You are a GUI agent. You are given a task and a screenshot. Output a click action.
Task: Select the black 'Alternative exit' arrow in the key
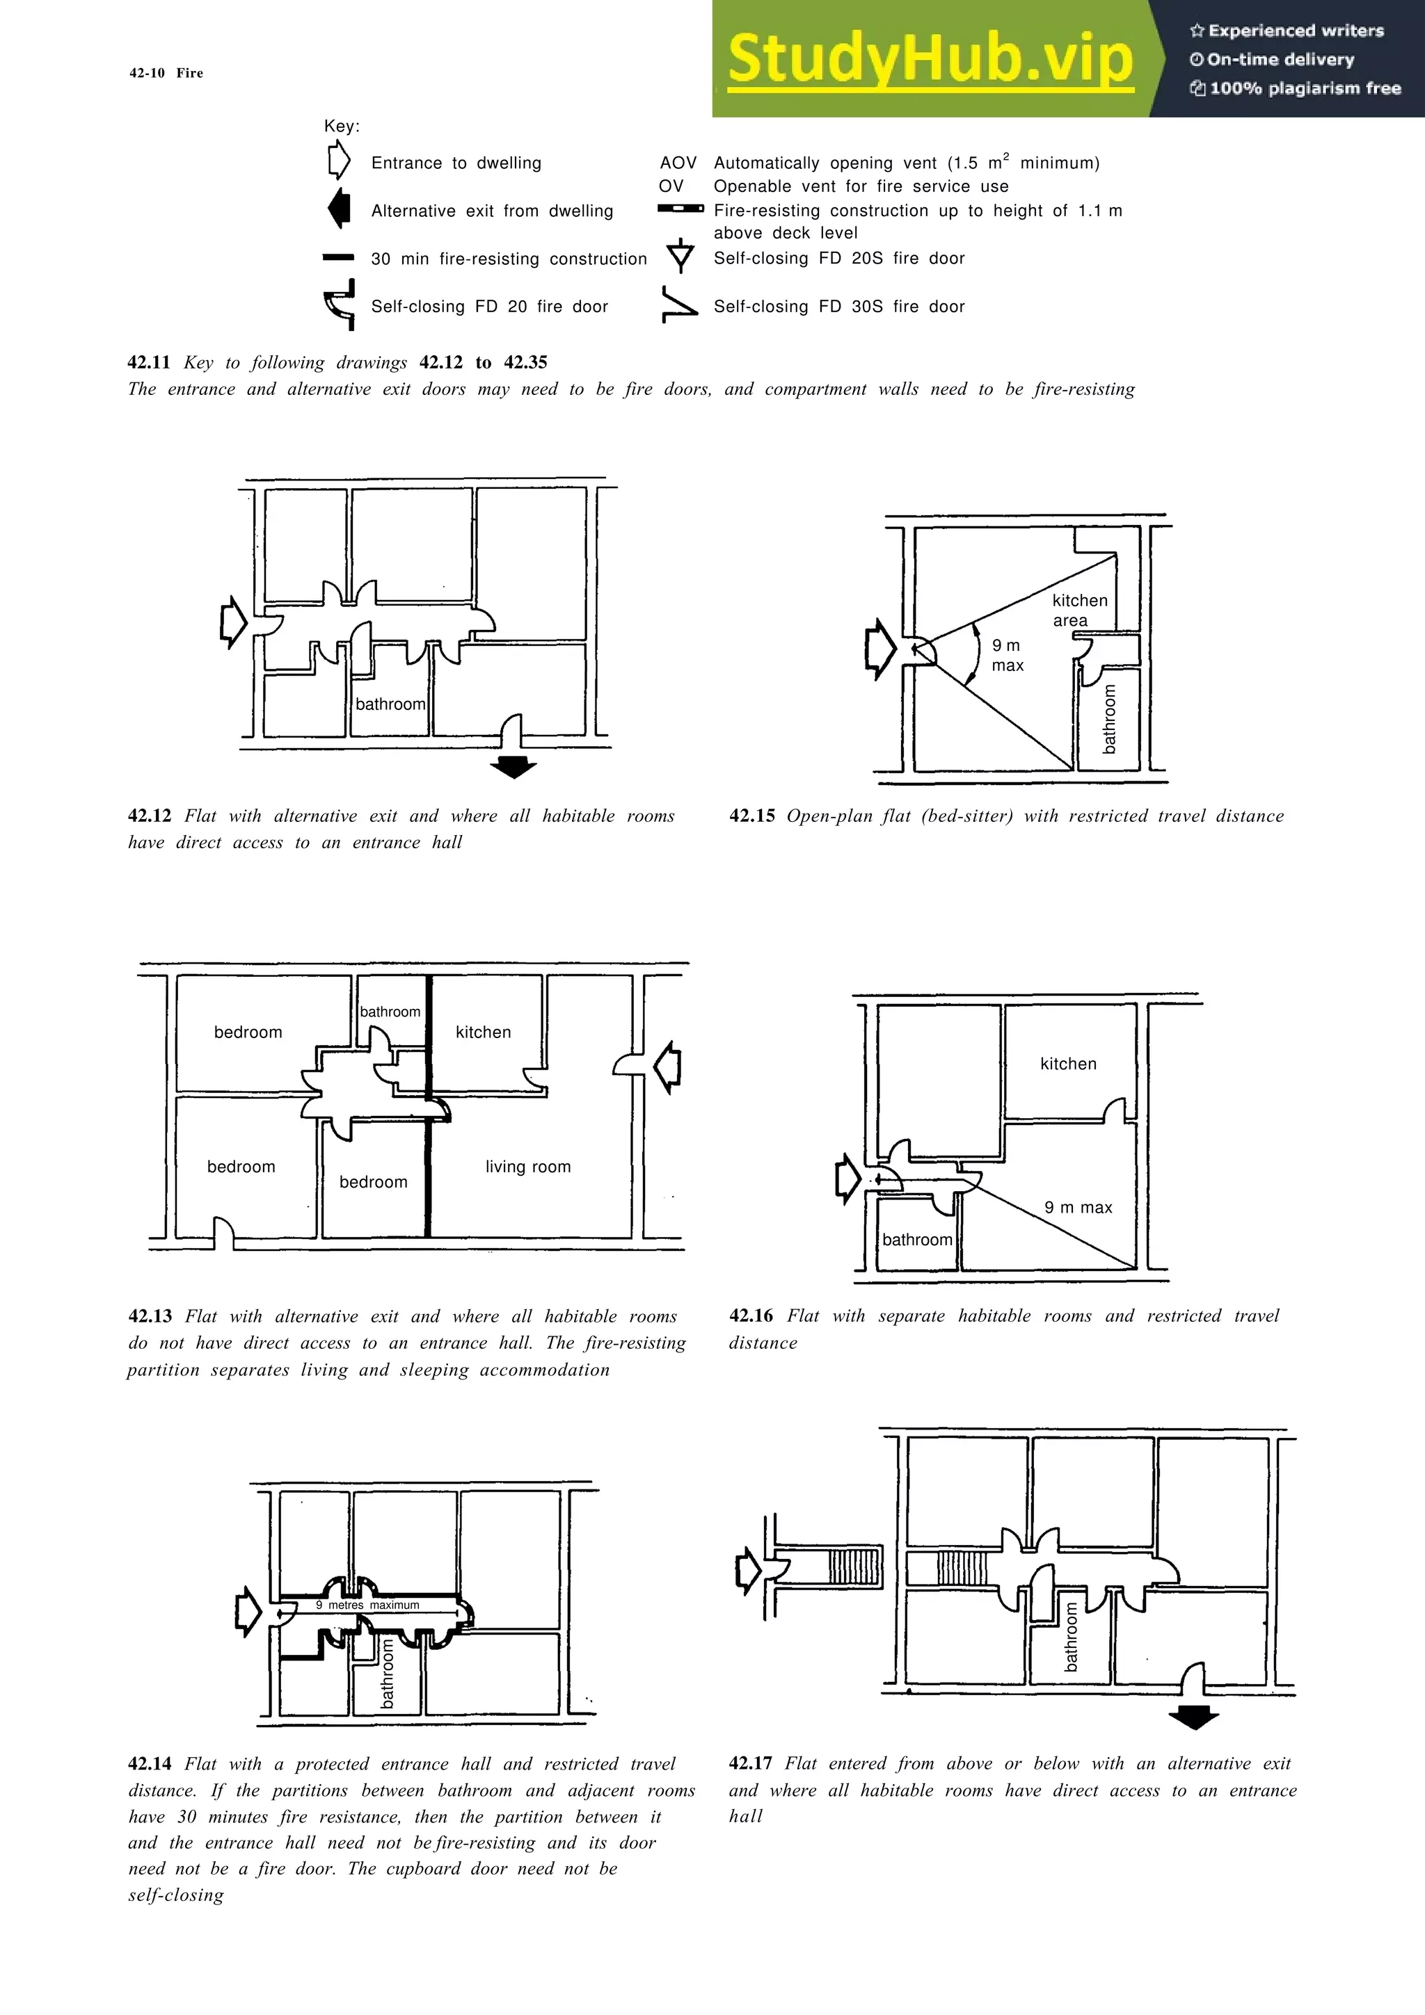[x=339, y=210]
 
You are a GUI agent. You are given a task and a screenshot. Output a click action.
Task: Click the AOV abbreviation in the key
[x=678, y=163]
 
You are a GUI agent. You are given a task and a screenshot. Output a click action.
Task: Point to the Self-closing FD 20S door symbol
[x=680, y=257]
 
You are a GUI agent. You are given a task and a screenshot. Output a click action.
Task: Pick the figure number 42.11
[x=148, y=362]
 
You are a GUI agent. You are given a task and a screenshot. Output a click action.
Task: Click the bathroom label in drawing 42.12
[x=390, y=704]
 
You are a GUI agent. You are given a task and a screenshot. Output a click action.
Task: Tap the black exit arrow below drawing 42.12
[x=513, y=766]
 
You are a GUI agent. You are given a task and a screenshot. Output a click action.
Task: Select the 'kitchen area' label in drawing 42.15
[x=1079, y=610]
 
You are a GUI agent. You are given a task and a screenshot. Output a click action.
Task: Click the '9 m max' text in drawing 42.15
[x=1007, y=655]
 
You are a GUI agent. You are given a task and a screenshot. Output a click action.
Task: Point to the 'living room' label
[x=527, y=1166]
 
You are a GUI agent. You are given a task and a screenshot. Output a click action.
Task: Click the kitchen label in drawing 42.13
[x=483, y=1032]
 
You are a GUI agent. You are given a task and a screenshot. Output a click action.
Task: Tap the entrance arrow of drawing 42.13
[x=668, y=1067]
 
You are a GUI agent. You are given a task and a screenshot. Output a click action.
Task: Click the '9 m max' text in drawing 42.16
[x=1078, y=1208]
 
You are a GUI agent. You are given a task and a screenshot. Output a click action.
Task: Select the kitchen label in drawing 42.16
[x=1067, y=1064]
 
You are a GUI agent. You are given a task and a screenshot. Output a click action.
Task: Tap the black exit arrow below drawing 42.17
[x=1193, y=1717]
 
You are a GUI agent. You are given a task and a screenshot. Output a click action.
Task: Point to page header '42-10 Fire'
[x=166, y=73]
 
